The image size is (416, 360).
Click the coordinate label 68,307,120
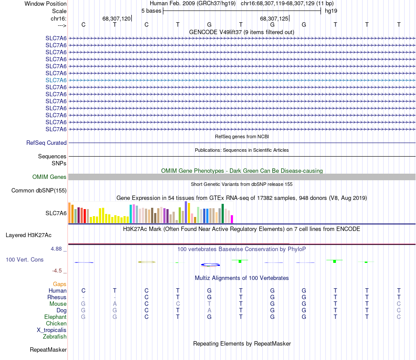pyautogui.click(x=116, y=19)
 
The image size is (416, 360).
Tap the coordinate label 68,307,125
pyautogui.click(x=274, y=19)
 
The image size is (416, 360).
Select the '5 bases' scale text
pyautogui.click(x=151, y=10)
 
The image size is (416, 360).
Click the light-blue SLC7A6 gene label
pyautogui.click(x=56, y=80)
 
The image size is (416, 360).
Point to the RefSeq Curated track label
pyautogui.click(x=46, y=143)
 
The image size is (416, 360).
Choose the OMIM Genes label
pyautogui.click(x=49, y=177)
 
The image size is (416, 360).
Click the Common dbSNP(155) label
pyautogui.click(x=39, y=190)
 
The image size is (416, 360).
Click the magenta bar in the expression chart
pyautogui.click(x=232, y=219)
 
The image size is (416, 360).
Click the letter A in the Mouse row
pyautogui.click(x=115, y=304)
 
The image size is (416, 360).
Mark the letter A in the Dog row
pyautogui.click(x=209, y=310)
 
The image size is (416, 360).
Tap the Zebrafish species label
pyautogui.click(x=55, y=336)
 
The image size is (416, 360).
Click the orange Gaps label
pyautogui.click(x=60, y=284)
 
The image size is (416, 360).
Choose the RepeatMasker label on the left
pyautogui.click(x=48, y=350)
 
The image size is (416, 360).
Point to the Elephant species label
pyautogui.click(x=55, y=317)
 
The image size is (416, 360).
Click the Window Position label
pyautogui.click(x=46, y=3)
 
